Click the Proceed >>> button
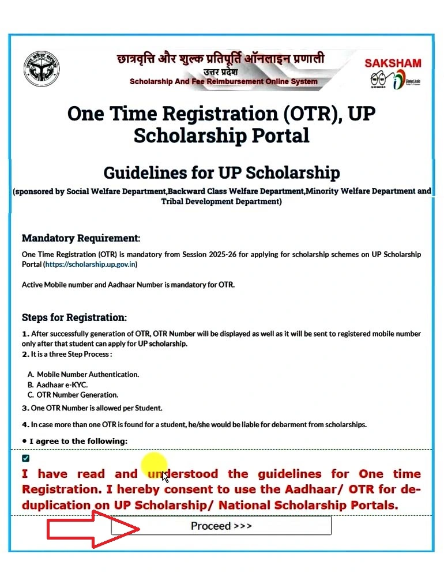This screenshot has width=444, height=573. point(221,526)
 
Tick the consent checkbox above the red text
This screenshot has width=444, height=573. point(25,458)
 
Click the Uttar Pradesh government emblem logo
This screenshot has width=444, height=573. point(42,69)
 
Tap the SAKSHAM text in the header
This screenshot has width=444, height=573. point(393,63)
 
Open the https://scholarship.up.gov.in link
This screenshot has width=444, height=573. point(91,265)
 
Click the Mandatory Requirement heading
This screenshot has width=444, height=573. point(81,238)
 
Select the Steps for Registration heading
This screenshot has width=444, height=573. point(74,318)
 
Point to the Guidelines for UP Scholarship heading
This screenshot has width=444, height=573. point(221,172)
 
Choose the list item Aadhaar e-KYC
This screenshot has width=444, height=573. point(62,384)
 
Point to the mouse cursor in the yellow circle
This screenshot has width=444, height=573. point(165,476)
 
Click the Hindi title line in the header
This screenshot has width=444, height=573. point(220,58)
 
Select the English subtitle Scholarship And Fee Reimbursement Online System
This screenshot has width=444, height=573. point(224,81)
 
